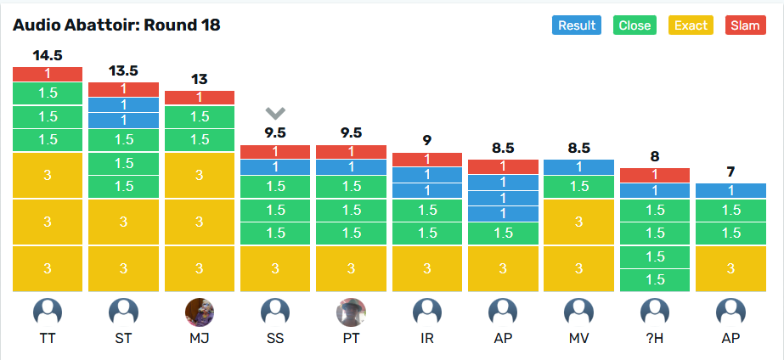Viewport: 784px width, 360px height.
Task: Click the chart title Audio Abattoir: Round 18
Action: point(116,25)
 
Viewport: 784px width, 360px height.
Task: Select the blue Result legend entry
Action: point(577,25)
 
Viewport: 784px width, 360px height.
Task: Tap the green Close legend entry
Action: point(635,25)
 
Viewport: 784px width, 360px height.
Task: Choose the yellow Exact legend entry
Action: point(691,25)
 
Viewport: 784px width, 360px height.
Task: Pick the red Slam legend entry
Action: point(745,25)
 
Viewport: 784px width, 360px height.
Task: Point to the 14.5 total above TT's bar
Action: point(48,56)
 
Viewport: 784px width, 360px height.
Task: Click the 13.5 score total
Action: point(123,71)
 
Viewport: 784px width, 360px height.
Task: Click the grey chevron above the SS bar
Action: point(274,113)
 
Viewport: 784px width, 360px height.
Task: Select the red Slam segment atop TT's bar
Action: point(48,74)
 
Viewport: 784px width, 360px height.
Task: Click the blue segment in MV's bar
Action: point(578,167)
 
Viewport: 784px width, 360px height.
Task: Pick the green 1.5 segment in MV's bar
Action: point(578,187)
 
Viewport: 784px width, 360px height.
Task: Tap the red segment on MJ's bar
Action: point(199,98)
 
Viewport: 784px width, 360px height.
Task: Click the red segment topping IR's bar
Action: point(426,160)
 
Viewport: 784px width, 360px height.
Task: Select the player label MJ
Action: point(199,339)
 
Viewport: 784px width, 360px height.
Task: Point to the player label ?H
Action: point(654,339)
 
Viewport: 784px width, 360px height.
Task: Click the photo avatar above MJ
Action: point(199,312)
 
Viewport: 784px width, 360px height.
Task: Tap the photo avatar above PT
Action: point(351,312)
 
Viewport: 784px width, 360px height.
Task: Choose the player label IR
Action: point(426,339)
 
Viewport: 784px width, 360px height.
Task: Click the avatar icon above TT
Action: point(48,312)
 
